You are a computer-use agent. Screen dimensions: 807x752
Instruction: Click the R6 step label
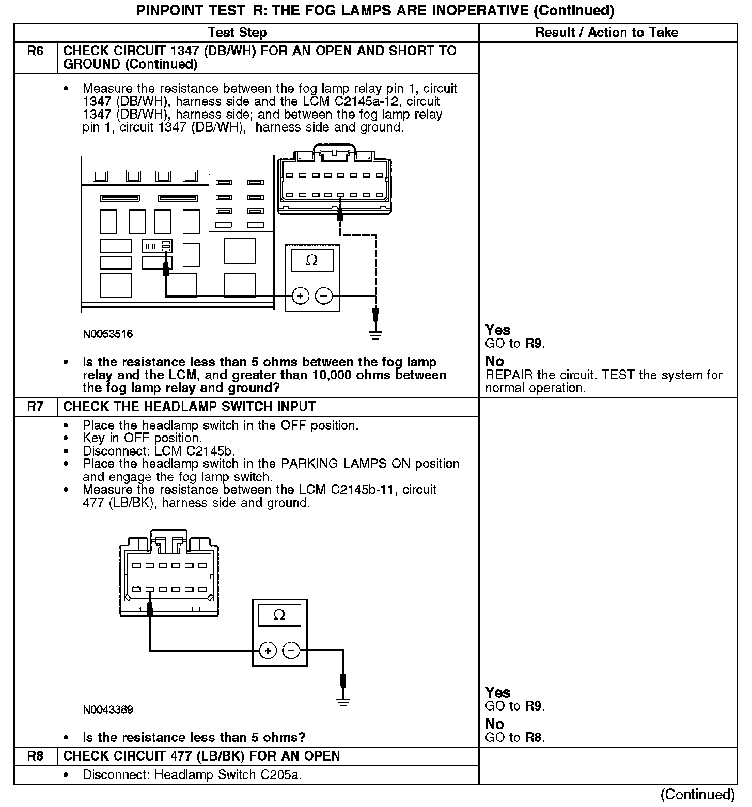tap(35, 51)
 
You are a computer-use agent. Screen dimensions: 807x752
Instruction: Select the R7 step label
tap(35, 407)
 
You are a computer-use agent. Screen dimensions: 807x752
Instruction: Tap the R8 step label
tap(35, 756)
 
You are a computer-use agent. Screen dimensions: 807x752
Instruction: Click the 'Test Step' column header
tap(237, 33)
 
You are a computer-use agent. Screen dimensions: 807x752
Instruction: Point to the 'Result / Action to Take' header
tap(606, 33)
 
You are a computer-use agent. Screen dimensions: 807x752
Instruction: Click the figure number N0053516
tap(108, 334)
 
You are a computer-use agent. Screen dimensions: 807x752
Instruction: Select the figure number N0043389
tap(108, 709)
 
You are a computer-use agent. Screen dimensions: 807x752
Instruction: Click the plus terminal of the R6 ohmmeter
tap(301, 296)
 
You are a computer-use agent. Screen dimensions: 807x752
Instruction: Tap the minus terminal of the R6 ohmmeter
tap(324, 296)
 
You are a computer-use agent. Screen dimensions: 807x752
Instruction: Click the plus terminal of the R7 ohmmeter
tap(268, 650)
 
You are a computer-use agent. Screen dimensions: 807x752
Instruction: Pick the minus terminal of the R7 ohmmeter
tap(291, 650)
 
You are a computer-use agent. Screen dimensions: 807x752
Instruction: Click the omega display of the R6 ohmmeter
tap(311, 261)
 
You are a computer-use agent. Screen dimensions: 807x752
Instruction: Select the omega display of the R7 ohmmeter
tap(279, 615)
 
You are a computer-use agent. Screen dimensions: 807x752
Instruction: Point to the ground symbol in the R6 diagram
tap(375, 335)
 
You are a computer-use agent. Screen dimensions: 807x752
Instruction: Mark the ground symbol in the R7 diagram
tap(342, 702)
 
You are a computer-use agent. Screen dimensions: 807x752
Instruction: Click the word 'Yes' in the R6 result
tap(498, 330)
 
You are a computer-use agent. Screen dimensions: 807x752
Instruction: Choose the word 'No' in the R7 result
tap(494, 724)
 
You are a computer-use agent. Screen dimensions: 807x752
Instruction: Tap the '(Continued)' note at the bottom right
tap(697, 794)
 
